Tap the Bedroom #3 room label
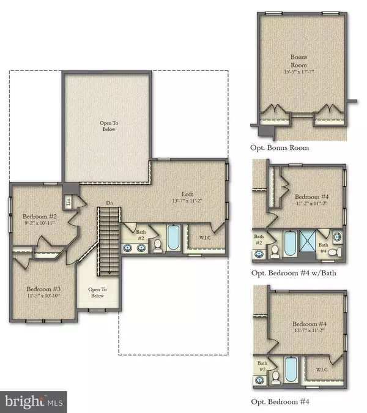point(42,289)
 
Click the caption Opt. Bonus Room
point(280,147)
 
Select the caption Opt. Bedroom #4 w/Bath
point(294,273)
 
